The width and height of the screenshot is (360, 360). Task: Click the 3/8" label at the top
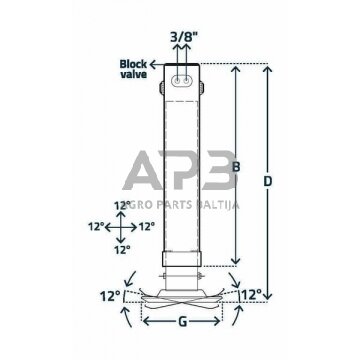click(x=182, y=37)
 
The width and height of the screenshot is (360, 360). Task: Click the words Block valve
click(x=133, y=69)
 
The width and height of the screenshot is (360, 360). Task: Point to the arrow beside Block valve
click(x=156, y=64)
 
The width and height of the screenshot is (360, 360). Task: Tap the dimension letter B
click(x=236, y=167)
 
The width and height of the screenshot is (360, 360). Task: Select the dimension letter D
click(x=268, y=181)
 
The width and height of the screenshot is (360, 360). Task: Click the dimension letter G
click(x=182, y=322)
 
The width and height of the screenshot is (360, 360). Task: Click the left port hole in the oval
click(x=178, y=80)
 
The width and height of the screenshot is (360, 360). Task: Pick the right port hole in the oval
click(x=186, y=80)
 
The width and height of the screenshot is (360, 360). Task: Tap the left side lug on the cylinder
click(x=162, y=88)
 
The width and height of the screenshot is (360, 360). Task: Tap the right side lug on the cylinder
click(x=202, y=88)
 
